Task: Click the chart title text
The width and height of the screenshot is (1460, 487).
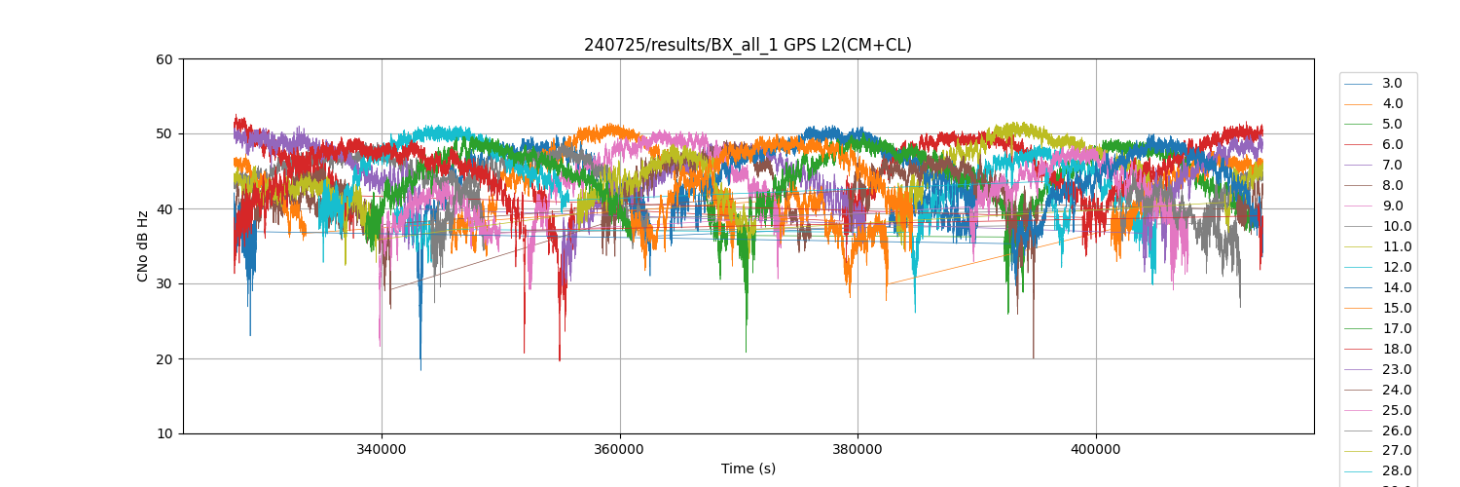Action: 748,45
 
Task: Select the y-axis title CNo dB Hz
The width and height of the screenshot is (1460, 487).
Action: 143,245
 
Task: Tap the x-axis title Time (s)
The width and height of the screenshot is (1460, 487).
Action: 748,468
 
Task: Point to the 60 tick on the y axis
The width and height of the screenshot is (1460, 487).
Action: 164,59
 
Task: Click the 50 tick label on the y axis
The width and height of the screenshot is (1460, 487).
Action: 164,134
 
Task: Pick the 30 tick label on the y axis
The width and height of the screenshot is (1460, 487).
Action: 164,284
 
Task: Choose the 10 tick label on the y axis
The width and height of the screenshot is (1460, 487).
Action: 164,434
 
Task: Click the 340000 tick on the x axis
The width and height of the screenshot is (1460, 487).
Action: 382,450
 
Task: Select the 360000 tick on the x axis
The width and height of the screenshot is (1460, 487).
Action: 620,450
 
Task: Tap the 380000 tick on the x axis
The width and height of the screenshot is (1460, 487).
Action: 858,450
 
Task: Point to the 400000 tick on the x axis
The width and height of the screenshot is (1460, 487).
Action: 1096,450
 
